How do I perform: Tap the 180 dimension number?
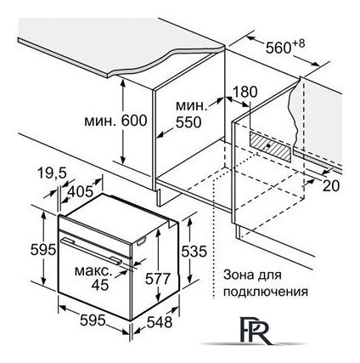(245, 92)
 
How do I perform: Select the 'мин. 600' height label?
(115, 121)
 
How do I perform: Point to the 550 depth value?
(188, 122)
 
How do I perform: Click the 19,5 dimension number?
(52, 173)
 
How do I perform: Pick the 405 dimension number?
(80, 191)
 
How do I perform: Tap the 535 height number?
(194, 251)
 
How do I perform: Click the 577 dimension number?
(158, 278)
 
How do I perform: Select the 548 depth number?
(160, 322)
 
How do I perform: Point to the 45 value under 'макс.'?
(100, 285)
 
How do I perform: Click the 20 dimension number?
(331, 186)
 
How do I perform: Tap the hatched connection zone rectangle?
(270, 146)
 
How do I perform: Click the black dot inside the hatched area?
(268, 145)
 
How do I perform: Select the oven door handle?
(92, 252)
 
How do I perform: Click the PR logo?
(254, 331)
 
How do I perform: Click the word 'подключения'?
(266, 291)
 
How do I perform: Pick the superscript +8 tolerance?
(298, 43)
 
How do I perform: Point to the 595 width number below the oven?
(93, 320)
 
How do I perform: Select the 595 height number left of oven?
(43, 250)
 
